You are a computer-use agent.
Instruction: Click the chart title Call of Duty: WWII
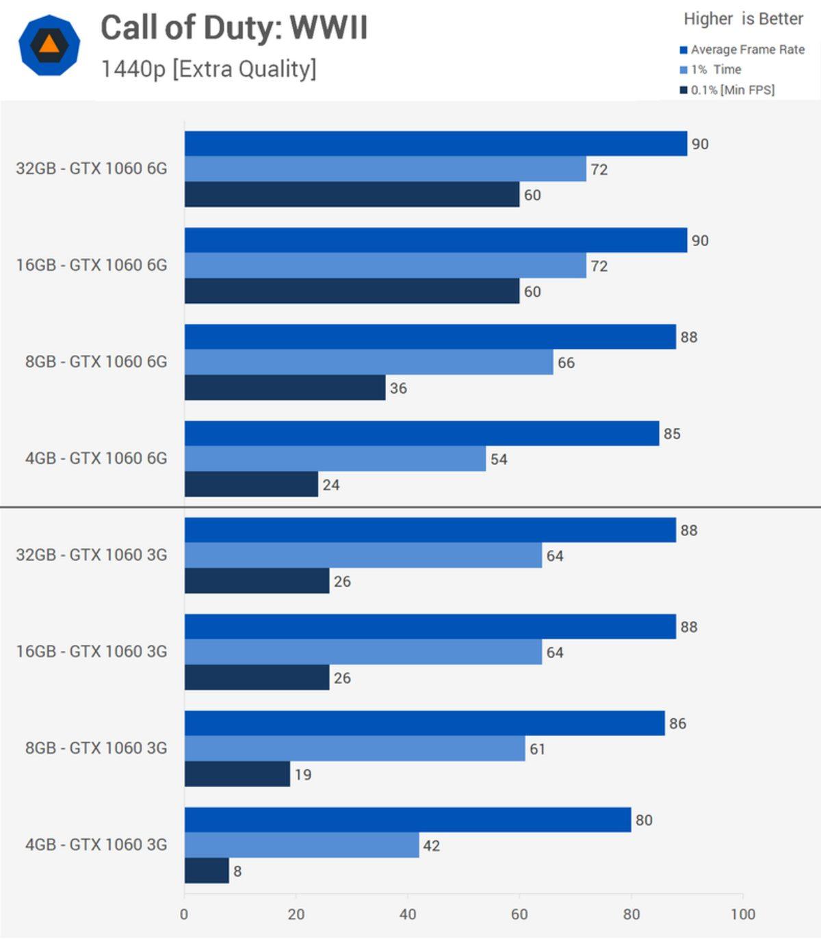[234, 29]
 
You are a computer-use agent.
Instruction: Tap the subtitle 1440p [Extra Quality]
[209, 69]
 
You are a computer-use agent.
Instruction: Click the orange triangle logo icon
[49, 45]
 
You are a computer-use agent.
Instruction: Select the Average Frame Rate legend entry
[746, 49]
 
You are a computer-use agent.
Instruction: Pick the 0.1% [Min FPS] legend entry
[732, 90]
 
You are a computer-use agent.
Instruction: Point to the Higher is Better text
[743, 19]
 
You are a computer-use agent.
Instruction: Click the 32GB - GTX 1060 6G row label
[92, 169]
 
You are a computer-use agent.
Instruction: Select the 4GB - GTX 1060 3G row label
[96, 845]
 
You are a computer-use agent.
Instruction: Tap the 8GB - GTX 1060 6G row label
[96, 362]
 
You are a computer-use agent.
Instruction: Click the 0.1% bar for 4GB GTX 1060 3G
[207, 871]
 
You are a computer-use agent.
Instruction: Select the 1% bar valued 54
[335, 459]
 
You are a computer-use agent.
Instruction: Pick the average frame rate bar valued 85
[421, 434]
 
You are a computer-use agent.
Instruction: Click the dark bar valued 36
[285, 388]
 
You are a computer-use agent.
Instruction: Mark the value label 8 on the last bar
[237, 871]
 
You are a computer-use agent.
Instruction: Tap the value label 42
[431, 846]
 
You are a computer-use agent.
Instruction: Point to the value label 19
[303, 775]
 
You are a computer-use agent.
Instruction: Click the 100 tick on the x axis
[742, 914]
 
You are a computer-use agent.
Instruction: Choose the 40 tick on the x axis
[408, 914]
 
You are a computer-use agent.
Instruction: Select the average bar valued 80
[408, 820]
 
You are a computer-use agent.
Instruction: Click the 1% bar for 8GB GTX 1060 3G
[354, 749]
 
